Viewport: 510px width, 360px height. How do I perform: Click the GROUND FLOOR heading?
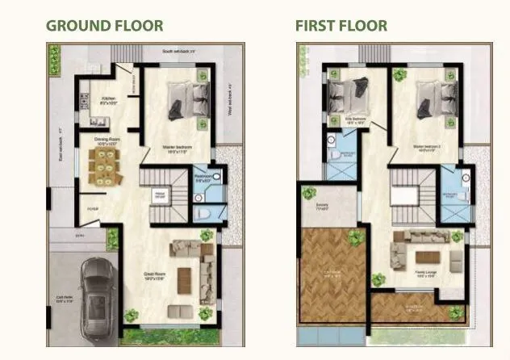click(104, 25)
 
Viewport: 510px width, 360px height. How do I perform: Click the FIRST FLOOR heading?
click(341, 25)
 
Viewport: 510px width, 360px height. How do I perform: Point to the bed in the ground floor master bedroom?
click(182, 102)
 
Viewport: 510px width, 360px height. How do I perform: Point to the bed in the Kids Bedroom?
click(349, 95)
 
